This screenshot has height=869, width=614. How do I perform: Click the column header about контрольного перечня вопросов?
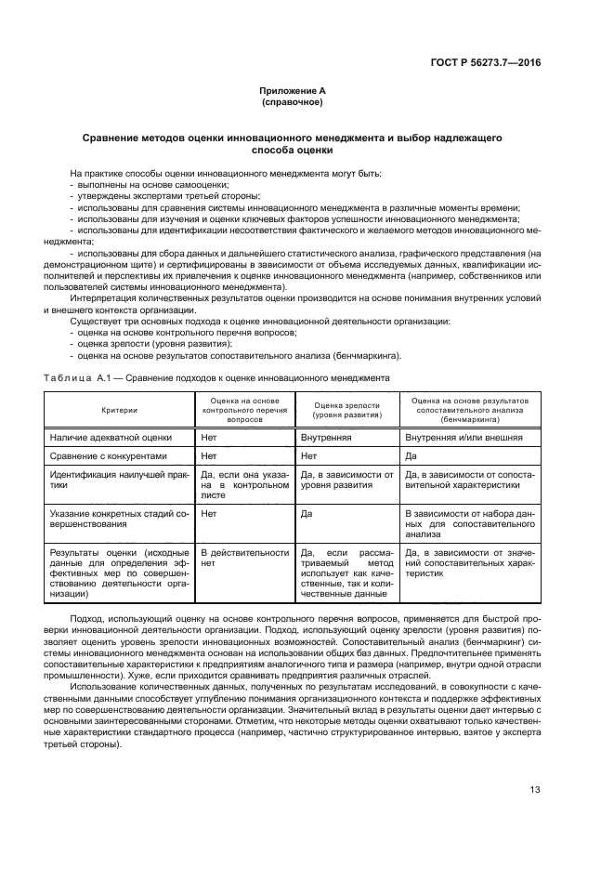tap(246, 410)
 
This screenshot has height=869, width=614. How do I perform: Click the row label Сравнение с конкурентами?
tap(109, 456)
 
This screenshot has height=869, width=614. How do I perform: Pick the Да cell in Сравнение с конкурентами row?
tap(411, 456)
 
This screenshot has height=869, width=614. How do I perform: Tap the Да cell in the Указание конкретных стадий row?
tap(307, 512)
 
